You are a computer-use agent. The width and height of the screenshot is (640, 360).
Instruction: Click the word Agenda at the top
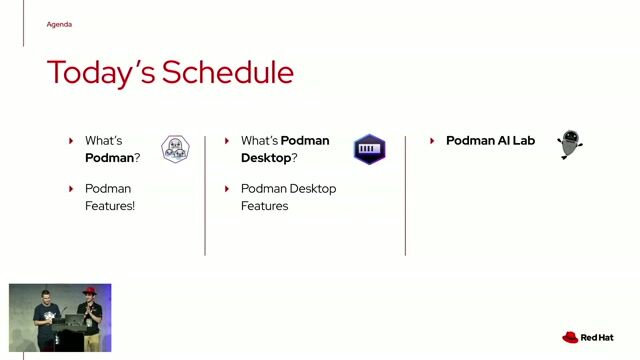tap(59, 24)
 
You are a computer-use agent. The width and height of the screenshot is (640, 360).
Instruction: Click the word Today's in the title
tap(100, 73)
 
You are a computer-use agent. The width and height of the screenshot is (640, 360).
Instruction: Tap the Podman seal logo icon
tap(175, 149)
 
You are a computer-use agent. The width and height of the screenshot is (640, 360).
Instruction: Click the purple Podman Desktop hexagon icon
tap(369, 149)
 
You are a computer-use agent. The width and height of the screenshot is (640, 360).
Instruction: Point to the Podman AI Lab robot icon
tap(569, 144)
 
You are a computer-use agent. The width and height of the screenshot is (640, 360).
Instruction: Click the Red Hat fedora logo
tap(570, 338)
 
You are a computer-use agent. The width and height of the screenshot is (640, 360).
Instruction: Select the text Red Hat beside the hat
tap(597, 338)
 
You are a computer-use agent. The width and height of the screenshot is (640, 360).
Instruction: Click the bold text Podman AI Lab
tap(490, 141)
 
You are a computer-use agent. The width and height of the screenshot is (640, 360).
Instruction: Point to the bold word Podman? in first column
tap(112, 158)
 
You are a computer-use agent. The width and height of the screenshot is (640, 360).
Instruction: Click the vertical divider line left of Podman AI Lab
tap(405, 195)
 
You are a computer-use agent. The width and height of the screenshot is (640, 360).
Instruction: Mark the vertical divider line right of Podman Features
tap(205, 195)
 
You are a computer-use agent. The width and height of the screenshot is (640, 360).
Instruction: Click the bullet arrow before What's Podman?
tap(71, 141)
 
